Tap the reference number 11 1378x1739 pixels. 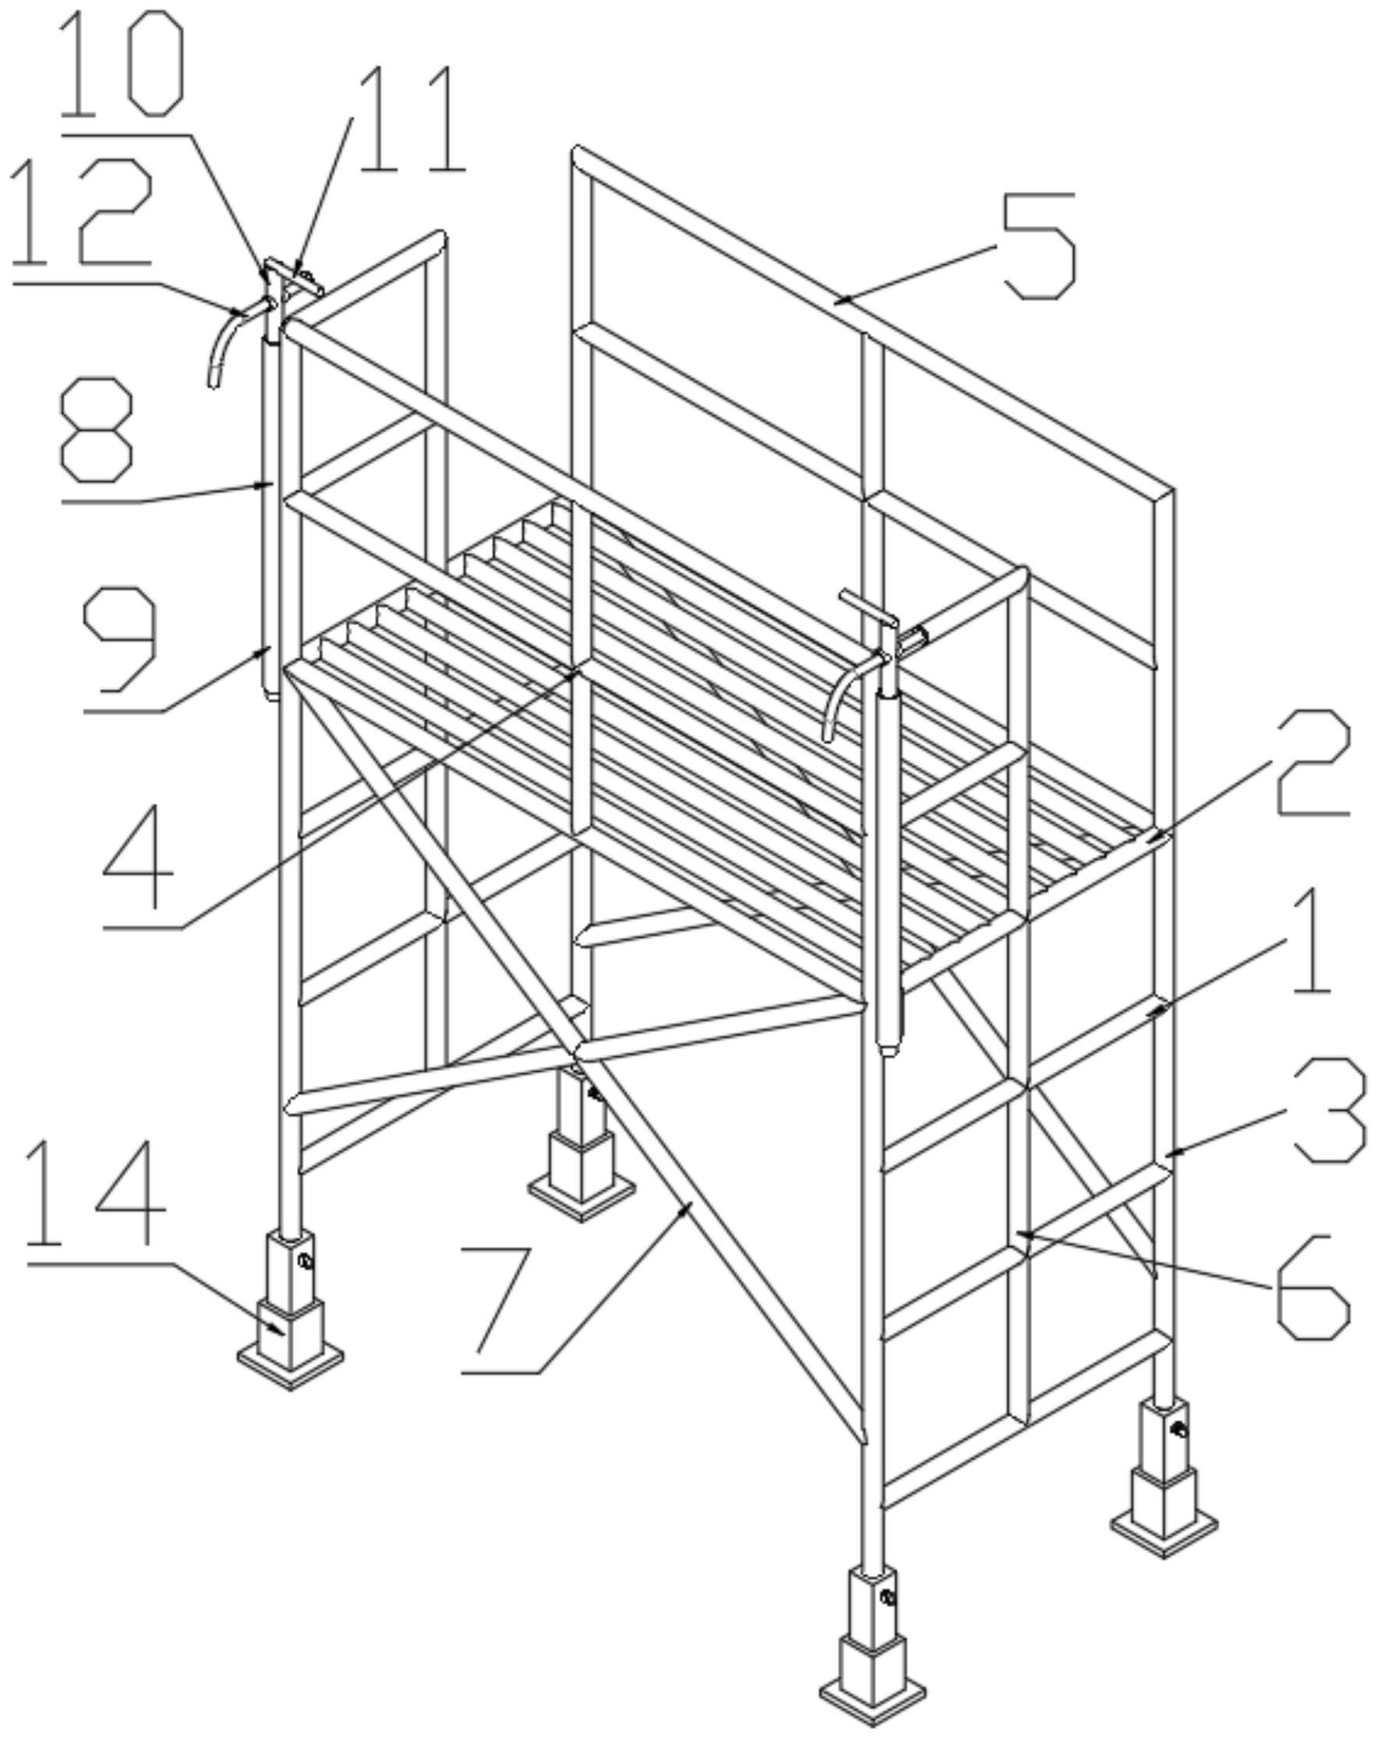(x=412, y=120)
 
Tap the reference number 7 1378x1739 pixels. (x=503, y=1299)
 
